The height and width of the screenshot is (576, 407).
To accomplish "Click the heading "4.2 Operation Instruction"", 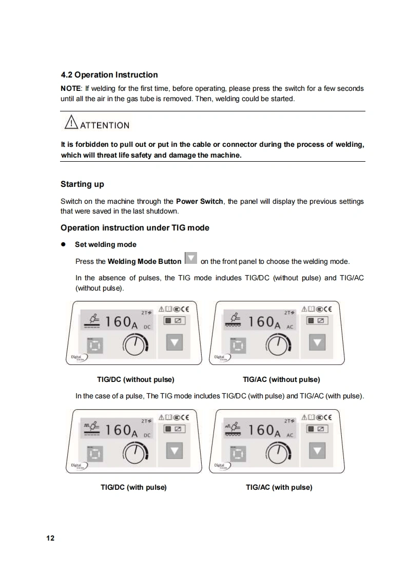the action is coord(109,75).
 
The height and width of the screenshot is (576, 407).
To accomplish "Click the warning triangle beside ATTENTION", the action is coord(71,122).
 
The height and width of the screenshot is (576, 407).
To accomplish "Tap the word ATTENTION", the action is coord(105,126).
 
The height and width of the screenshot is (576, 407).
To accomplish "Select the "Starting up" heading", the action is coord(82,184).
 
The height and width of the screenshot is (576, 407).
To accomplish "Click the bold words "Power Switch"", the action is coord(200,201).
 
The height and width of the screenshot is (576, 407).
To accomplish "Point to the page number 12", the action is coord(50,538).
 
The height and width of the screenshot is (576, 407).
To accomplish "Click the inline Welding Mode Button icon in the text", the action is coord(190,258).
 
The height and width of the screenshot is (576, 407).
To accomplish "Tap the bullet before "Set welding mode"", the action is coord(63,244).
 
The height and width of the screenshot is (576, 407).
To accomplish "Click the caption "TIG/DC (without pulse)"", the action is coord(135,379).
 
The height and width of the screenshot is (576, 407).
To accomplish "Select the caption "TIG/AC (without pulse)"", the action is coord(281,379).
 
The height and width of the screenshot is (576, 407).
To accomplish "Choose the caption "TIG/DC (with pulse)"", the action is coord(134,488).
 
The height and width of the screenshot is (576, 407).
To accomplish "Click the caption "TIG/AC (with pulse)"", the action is coord(279,488).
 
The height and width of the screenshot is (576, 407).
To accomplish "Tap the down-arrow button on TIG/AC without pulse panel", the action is coord(317,342).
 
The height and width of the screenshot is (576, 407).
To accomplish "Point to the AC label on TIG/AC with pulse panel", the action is coord(290,435).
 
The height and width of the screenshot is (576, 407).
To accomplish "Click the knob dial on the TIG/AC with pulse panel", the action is coord(278,453).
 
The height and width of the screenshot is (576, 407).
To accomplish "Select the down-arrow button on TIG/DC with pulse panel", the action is coord(175,450).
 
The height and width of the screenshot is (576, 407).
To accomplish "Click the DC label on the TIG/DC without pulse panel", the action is coord(147,327).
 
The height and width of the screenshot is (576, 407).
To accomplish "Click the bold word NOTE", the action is coord(70,88).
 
